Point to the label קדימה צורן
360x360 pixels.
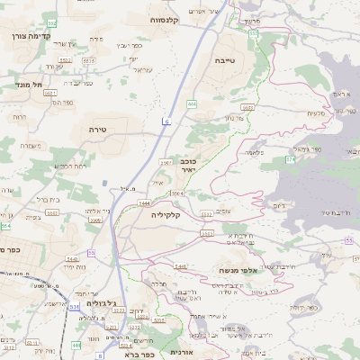(x=29, y=36)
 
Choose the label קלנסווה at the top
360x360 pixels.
(x=166, y=19)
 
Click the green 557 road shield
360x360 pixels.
(x=254, y=33)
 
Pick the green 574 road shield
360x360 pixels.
(x=290, y=158)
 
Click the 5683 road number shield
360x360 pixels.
(x=247, y=107)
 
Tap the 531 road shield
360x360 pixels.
(x=73, y=306)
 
